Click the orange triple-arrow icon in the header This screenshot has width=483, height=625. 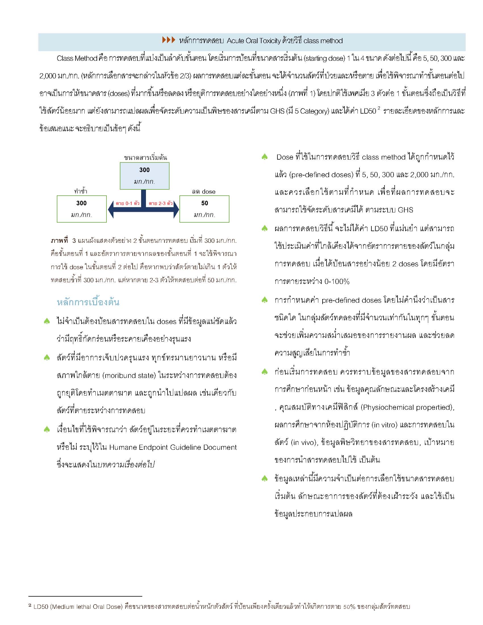pyautogui.click(x=168, y=40)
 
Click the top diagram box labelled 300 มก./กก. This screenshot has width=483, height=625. pyautogui.click(x=145, y=176)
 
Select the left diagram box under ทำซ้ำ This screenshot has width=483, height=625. pyautogui.click(x=81, y=209)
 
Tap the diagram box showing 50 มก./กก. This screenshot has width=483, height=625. pyautogui.click(x=204, y=209)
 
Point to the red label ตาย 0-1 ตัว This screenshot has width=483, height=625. pyautogui.click(x=127, y=203)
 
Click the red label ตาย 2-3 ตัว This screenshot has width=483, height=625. pyautogui.click(x=161, y=203)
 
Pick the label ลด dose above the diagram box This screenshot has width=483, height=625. pyautogui.click(x=204, y=191)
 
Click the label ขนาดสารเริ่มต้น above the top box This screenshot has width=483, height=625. pyautogui.click(x=145, y=157)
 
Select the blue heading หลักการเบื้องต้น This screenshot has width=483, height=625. pyautogui.click(x=88, y=302)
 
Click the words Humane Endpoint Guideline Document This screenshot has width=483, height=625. pyautogui.click(x=173, y=447)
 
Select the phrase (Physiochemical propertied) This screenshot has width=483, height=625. pyautogui.click(x=407, y=407)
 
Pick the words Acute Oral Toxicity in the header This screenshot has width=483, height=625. pyautogui.click(x=254, y=41)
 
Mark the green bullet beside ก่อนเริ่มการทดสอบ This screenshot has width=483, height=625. pyautogui.click(x=265, y=372)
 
